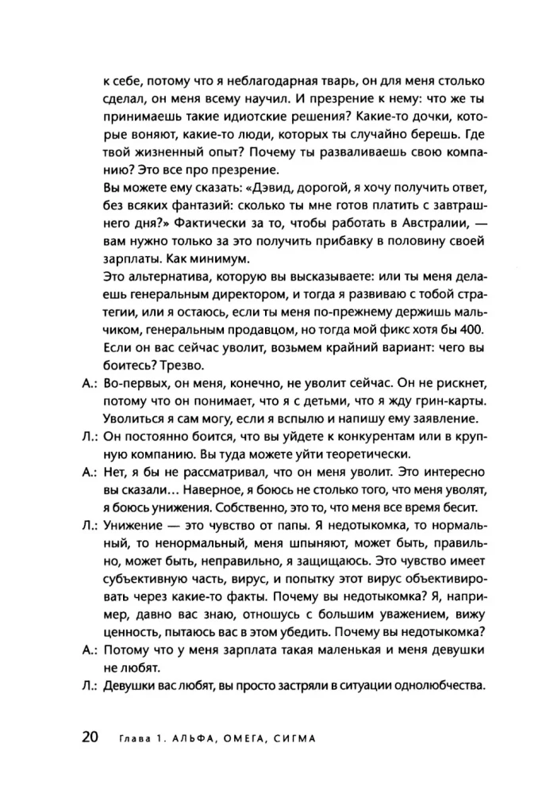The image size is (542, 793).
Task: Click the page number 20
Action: pyautogui.click(x=89, y=737)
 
